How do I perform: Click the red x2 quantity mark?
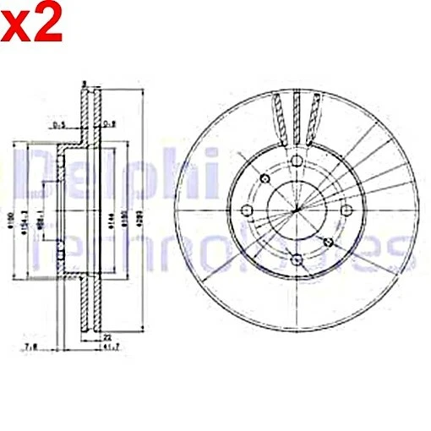coord(32,25)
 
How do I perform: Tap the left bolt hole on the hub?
coord(248,210)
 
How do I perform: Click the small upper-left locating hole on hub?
coord(264,178)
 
